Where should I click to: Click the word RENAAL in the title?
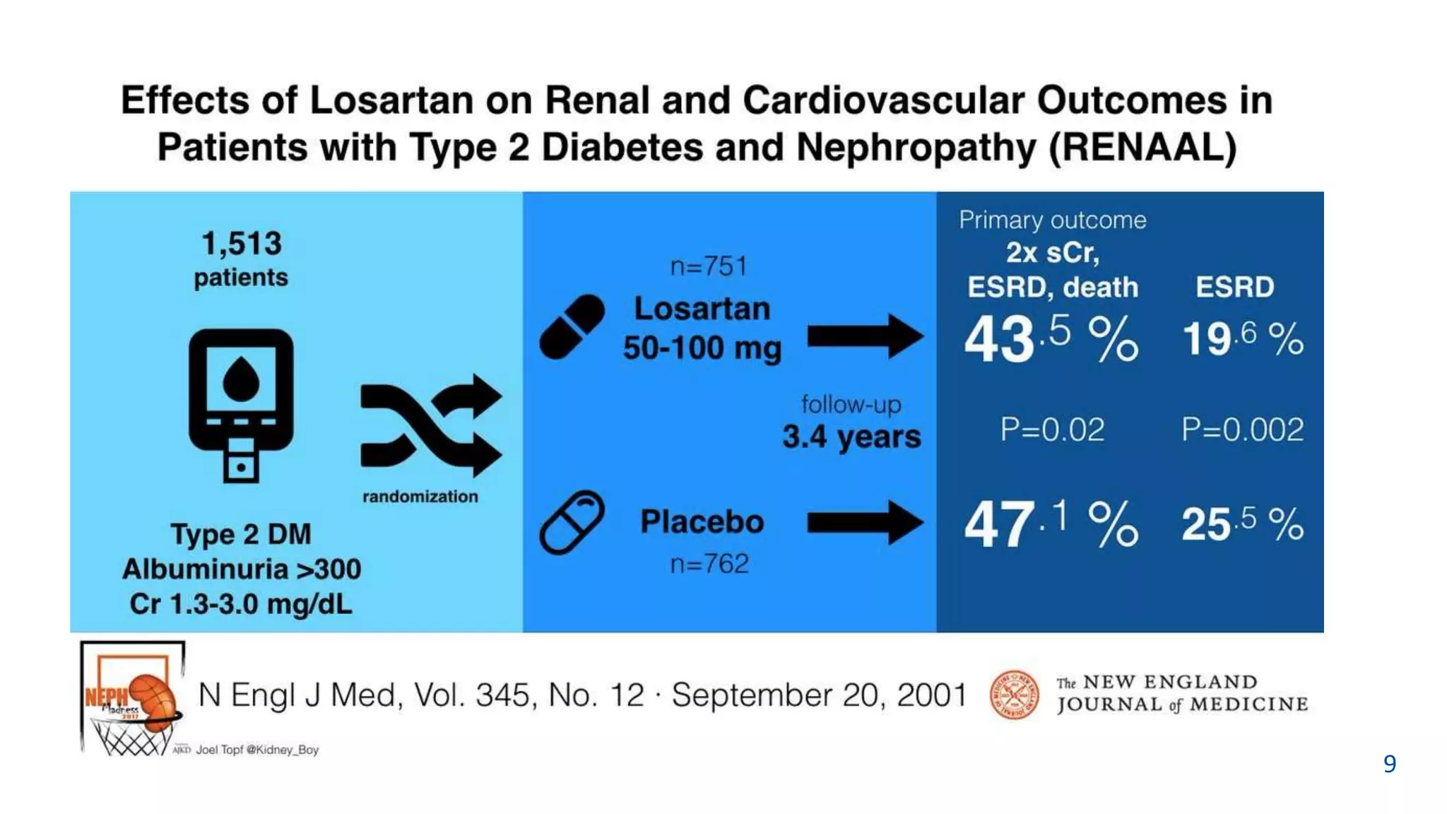(1142, 148)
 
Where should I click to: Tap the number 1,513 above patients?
(242, 244)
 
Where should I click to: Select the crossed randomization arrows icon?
(430, 425)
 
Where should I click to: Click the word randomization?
(420, 497)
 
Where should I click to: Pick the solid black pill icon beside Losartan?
(572, 327)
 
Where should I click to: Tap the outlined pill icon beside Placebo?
(572, 522)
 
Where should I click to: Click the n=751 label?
(709, 266)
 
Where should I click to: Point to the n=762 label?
(709, 564)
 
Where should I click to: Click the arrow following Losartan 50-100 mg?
(865, 336)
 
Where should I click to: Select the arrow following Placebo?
(865, 522)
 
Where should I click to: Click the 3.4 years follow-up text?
(851, 437)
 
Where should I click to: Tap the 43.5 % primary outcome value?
(1051, 338)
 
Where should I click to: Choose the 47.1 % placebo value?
(1051, 524)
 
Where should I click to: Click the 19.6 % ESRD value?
(1242, 338)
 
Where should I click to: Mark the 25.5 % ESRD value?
(1242, 524)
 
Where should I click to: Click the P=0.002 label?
(1242, 430)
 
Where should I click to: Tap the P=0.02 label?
(1052, 430)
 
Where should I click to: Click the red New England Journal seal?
(1014, 695)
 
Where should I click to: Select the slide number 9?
(1389, 764)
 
